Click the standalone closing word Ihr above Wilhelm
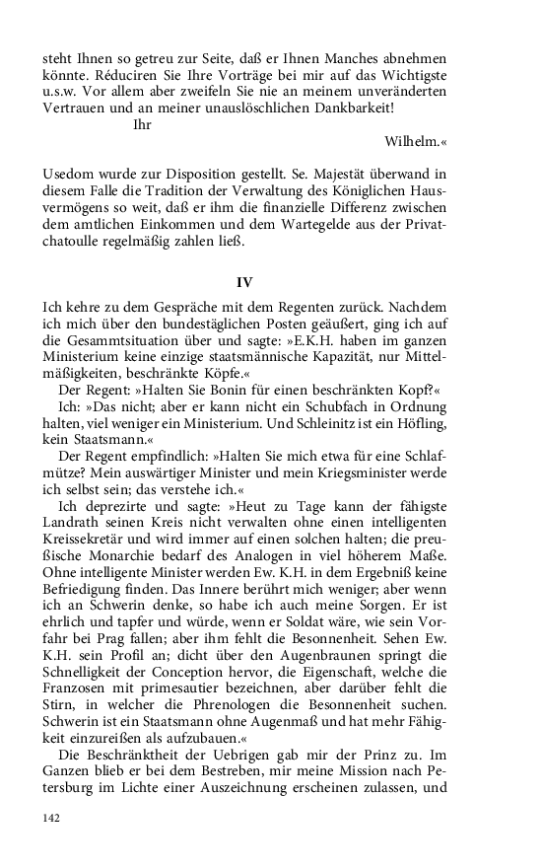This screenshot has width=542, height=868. pyautogui.click(x=142, y=123)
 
